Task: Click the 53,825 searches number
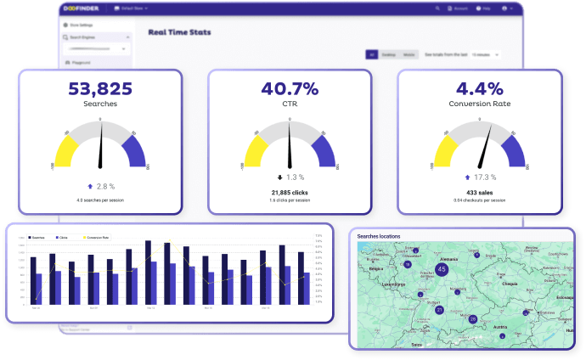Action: click(100, 87)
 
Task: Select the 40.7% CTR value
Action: click(290, 87)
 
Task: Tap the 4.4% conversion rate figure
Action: click(481, 87)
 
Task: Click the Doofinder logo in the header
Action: click(87, 8)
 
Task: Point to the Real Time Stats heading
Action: click(179, 33)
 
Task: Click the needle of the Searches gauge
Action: click(102, 146)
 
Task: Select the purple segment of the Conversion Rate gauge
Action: click(513, 150)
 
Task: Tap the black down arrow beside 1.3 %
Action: click(279, 177)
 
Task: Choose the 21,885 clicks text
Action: click(290, 193)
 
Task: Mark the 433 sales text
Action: click(480, 193)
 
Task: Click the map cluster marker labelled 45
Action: click(441, 269)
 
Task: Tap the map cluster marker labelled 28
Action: click(473, 319)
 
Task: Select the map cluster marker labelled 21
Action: click(439, 310)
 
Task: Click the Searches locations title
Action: click(378, 236)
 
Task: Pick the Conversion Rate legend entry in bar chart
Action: click(99, 238)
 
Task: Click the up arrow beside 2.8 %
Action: click(88, 185)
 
